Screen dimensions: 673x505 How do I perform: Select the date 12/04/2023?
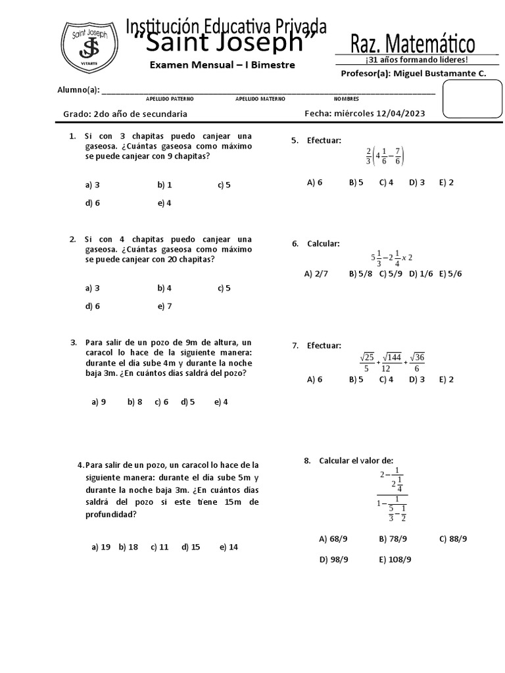tap(400, 114)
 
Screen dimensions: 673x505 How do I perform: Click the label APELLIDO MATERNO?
tap(260, 99)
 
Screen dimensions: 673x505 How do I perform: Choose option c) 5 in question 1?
tap(224, 185)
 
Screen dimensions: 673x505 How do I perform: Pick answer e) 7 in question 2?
tap(164, 306)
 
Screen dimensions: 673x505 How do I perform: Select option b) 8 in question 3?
tap(135, 402)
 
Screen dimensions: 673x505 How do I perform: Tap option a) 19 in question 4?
tap(101, 547)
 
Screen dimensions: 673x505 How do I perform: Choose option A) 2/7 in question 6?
tap(316, 273)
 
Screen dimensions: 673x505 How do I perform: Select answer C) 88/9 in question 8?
tap(453, 539)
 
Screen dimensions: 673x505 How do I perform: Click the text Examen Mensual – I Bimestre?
tap(222, 65)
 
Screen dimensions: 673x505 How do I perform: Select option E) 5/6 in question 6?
tap(450, 273)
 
